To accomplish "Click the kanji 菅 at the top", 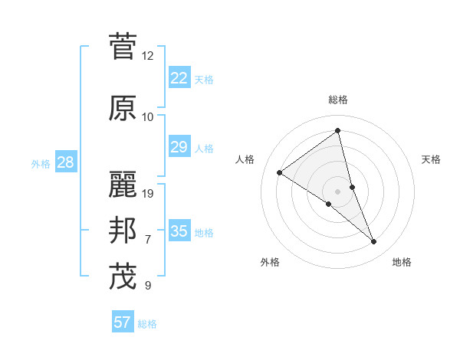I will [x=123, y=46].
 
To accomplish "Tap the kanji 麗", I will [x=123, y=185].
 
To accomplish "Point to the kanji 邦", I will [x=123, y=231].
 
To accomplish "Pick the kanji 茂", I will [x=123, y=277].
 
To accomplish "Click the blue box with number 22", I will [x=179, y=78].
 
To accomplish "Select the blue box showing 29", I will [x=179, y=147].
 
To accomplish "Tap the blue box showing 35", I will [x=179, y=231].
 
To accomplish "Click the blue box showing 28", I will [x=65, y=162].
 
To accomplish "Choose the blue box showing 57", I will [x=123, y=322].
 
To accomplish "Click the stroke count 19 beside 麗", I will [x=149, y=194].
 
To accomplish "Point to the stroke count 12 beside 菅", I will [x=148, y=56].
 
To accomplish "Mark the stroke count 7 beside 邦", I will [x=148, y=240].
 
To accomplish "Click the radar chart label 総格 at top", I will [x=338, y=100].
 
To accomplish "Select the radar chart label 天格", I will [x=432, y=159].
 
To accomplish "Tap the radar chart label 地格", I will [x=402, y=262].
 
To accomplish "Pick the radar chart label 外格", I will [x=270, y=262].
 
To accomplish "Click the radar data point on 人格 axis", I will [x=280, y=172].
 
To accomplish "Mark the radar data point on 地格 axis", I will [x=374, y=241].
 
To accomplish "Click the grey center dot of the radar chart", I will [x=338, y=191].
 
